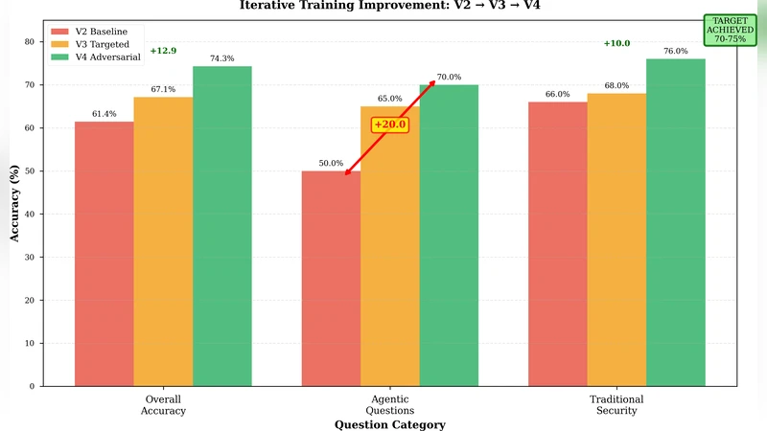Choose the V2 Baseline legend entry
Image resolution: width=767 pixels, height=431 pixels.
90,32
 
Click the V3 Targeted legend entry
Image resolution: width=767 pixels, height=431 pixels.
90,44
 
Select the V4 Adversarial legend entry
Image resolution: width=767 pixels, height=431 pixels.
95,57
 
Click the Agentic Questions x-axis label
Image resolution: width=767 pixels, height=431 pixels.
389,404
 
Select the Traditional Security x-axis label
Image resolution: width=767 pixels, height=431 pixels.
616,404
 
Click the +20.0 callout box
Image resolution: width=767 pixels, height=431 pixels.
390,125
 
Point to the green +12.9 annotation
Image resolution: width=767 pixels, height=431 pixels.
163,50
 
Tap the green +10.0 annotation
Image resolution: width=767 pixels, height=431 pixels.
616,43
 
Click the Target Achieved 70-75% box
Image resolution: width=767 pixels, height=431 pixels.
730,30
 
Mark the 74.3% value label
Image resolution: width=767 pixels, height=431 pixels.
221,58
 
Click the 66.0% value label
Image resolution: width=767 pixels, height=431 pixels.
558,94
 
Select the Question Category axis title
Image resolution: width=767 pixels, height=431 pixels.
389,424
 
